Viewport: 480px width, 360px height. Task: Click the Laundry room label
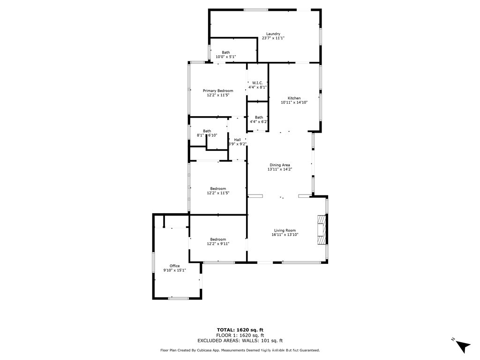tap(273, 34)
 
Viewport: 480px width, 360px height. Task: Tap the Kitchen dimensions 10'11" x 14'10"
tap(294, 102)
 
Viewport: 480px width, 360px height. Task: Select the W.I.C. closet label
tap(257, 82)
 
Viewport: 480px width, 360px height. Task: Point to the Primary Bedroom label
tap(218, 90)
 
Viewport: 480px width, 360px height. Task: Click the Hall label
tap(237, 140)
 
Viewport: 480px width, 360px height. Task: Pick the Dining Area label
tap(279, 165)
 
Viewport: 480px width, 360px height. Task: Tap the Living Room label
tap(285, 230)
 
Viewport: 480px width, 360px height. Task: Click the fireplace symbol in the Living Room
tap(321, 230)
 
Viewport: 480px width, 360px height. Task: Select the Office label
tap(174, 266)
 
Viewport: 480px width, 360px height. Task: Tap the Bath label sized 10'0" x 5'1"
tap(226, 52)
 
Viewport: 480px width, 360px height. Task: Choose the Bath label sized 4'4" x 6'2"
tap(259, 117)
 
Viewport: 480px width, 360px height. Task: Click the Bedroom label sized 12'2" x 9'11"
tap(218, 240)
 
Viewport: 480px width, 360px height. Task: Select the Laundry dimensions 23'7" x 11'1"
tap(273, 38)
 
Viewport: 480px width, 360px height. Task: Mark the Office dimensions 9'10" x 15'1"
tap(174, 270)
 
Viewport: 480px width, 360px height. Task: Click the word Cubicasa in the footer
tap(210, 350)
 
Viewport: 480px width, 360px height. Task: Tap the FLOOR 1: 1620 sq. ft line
tap(240, 335)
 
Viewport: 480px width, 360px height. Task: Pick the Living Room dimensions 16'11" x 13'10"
tap(285, 234)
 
